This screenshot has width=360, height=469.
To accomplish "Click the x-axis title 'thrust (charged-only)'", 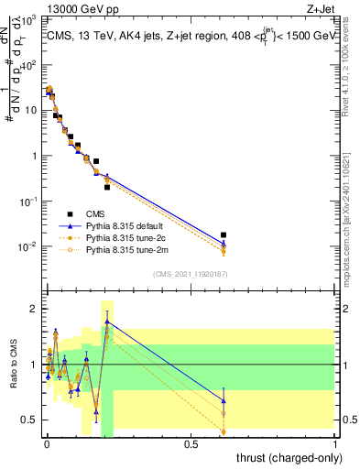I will point(283,456).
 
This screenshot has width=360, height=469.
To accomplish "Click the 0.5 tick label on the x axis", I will point(191,442).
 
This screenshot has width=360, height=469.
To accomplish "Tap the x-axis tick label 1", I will point(335,442).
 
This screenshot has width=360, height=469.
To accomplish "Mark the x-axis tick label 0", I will point(47,442).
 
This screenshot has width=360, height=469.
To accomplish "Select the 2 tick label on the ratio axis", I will point(33,309).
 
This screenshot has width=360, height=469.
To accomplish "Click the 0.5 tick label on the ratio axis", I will point(29,420).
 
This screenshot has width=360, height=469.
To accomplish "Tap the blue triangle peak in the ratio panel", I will point(107,322).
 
